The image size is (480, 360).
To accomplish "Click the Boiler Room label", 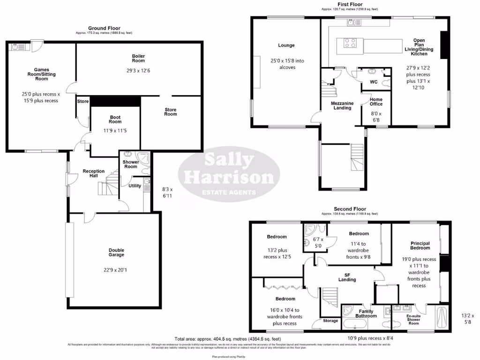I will pos(138,59).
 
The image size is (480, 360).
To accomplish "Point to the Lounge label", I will pos(286,45).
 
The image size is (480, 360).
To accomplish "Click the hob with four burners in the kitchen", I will pos(350,43).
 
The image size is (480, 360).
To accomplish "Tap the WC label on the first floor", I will pos(374,82).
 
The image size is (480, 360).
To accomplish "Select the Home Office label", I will pos(376,102).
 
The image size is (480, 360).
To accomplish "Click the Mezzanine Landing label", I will pos(342,105).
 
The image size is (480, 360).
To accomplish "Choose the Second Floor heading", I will pos(350,209).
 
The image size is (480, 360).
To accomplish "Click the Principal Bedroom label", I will pos(420,245).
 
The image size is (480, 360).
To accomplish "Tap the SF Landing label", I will pos(347,277).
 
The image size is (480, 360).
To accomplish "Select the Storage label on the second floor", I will pos(330,321).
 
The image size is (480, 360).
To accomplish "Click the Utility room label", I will pos(135,186).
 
